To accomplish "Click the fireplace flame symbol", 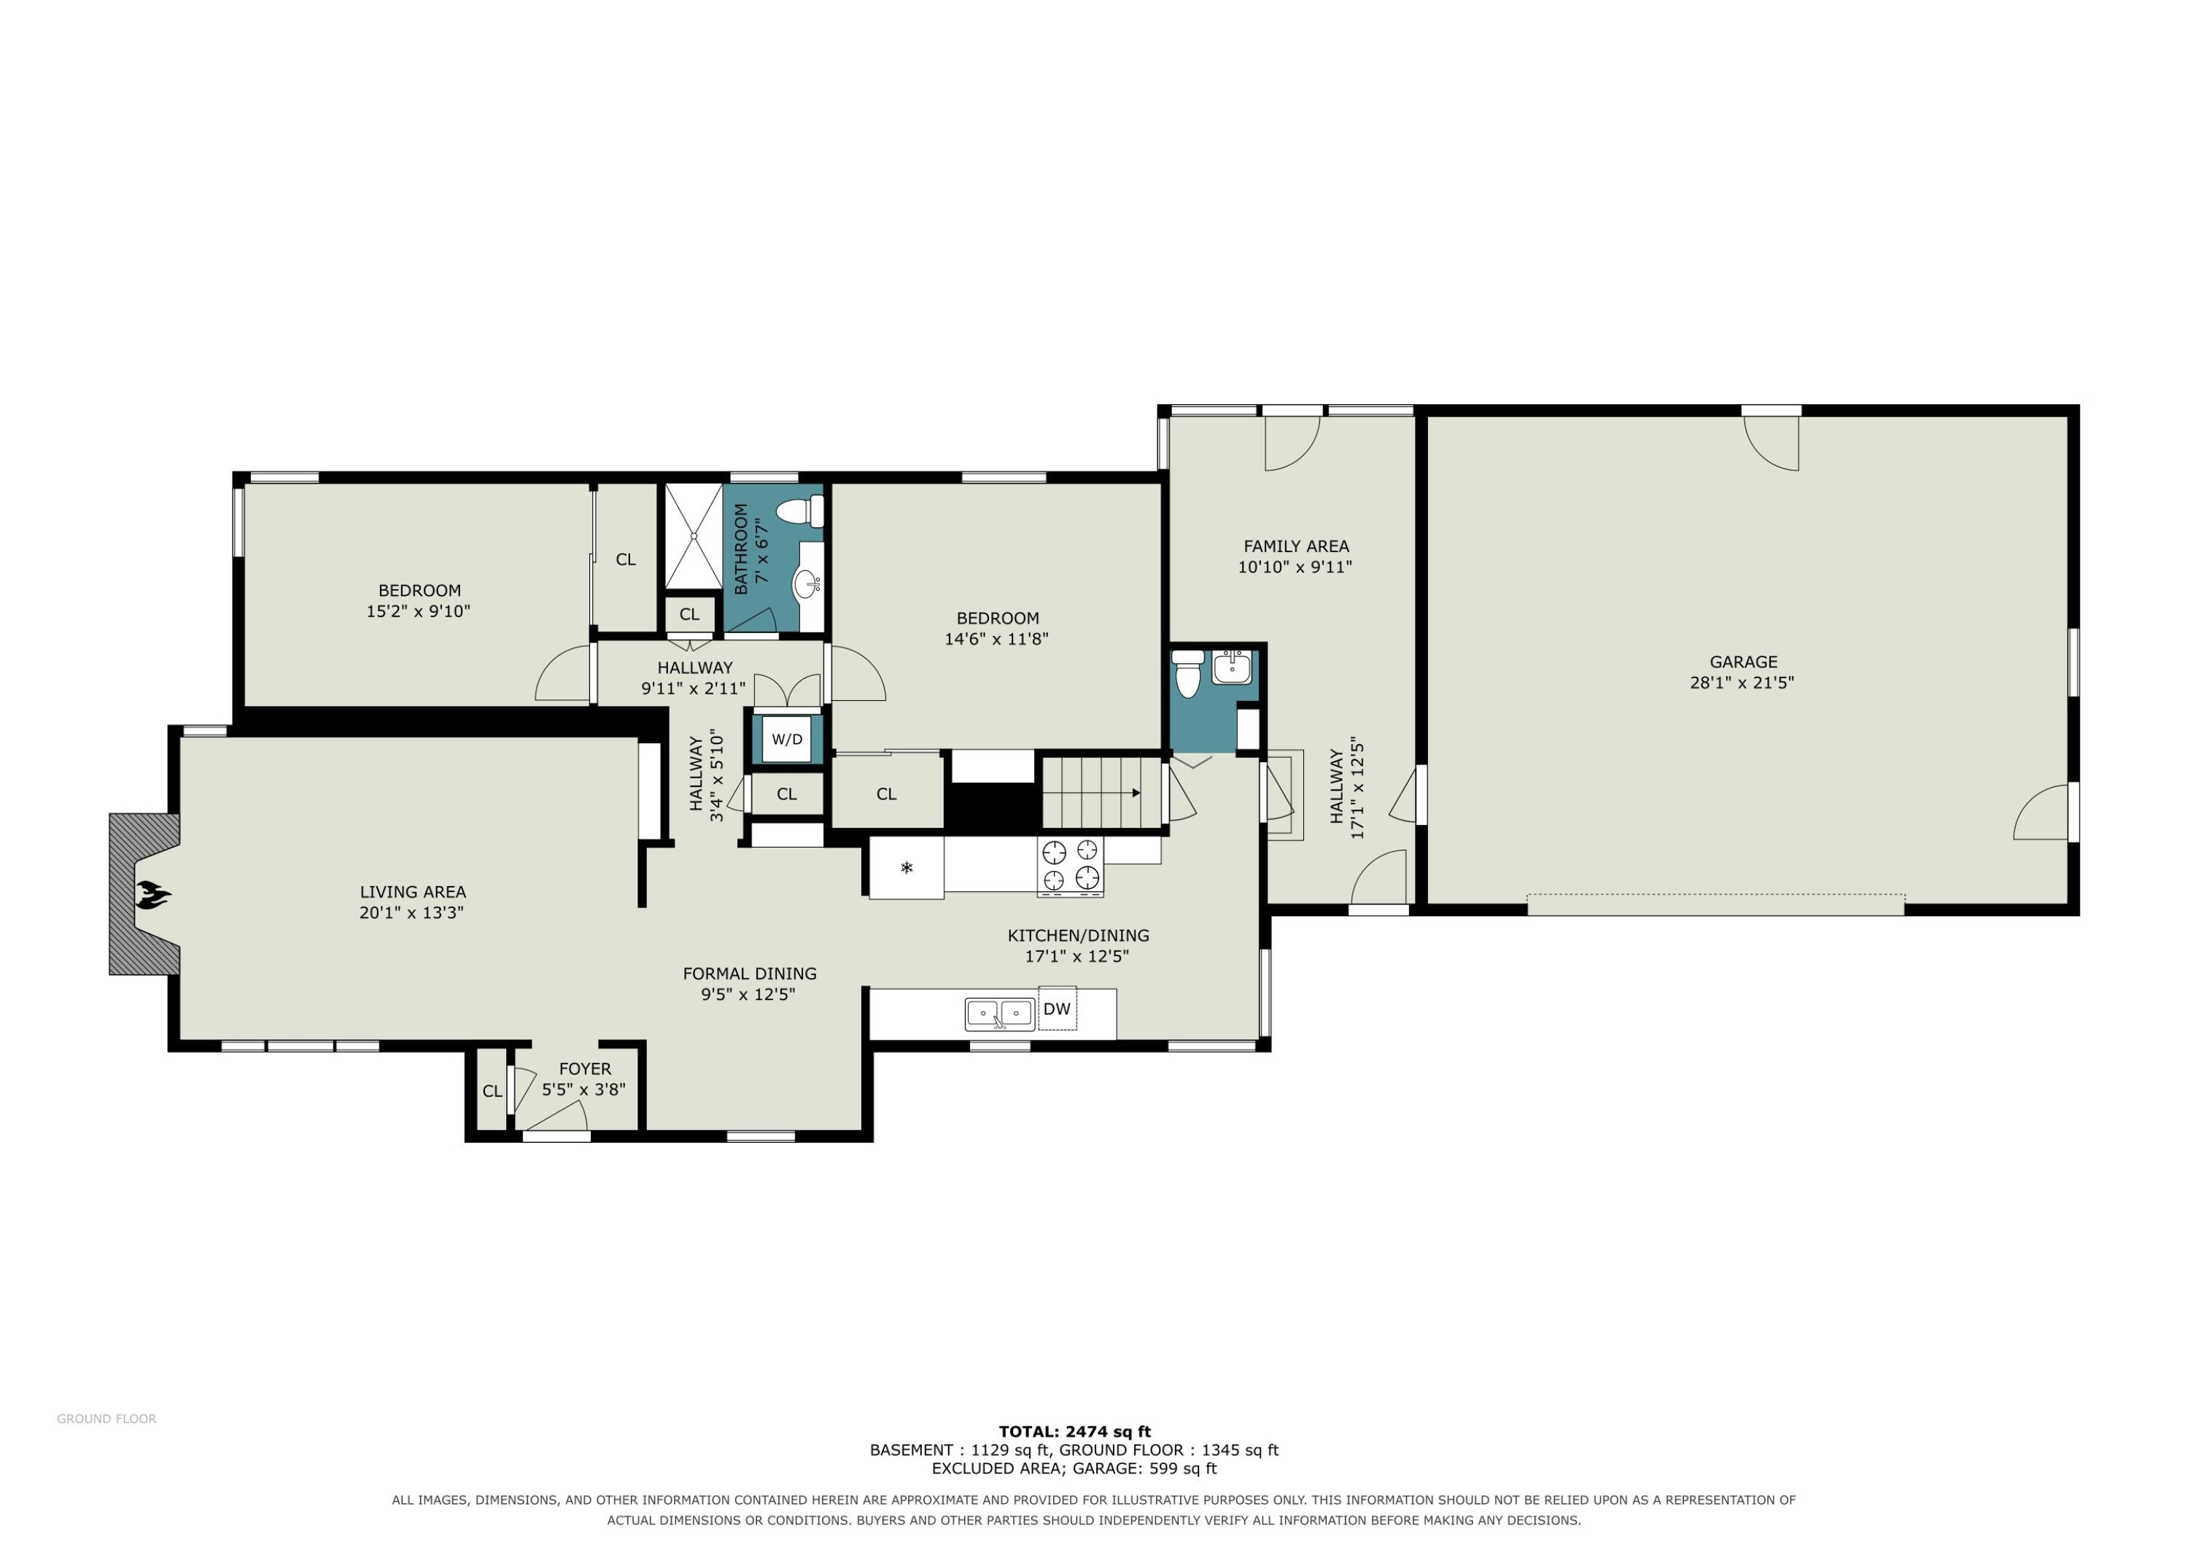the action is pyautogui.click(x=152, y=894).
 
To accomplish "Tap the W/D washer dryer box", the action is pyautogui.click(x=786, y=739).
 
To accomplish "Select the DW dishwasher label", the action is pyautogui.click(x=1057, y=1009).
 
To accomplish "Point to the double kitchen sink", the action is pyautogui.click(x=1000, y=1014).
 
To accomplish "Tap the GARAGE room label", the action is pyautogui.click(x=1743, y=662).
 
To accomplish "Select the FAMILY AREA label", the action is pyautogui.click(x=1296, y=546).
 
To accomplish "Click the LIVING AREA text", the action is pyautogui.click(x=413, y=892).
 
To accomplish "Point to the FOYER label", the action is pyautogui.click(x=585, y=1069).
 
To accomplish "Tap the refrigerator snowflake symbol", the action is pyautogui.click(x=907, y=867).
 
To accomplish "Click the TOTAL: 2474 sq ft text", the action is pyautogui.click(x=1075, y=1431).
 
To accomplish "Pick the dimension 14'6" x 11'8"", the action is pyautogui.click(x=997, y=639).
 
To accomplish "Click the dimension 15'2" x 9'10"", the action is pyautogui.click(x=419, y=611).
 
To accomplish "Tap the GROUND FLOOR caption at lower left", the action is pyautogui.click(x=106, y=1419).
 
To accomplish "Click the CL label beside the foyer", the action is pyautogui.click(x=492, y=1091).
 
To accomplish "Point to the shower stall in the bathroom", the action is pyautogui.click(x=693, y=537).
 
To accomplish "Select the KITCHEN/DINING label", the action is pyautogui.click(x=1079, y=935).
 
